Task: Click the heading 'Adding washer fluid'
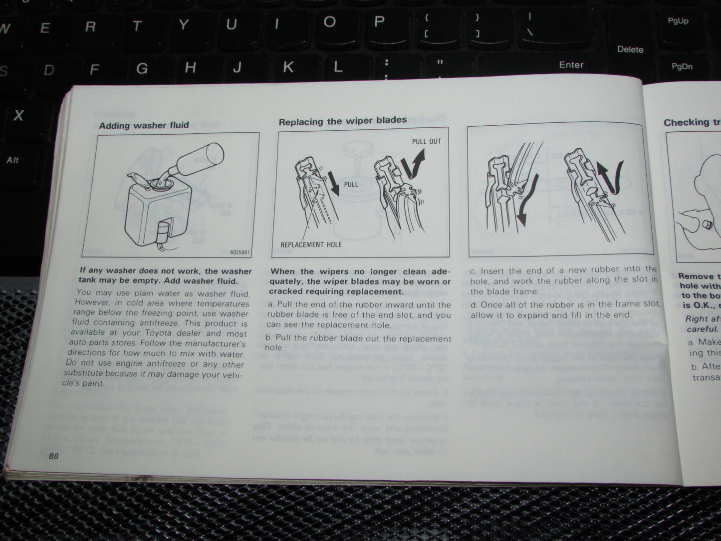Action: click(x=144, y=125)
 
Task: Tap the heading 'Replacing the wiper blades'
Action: click(x=342, y=121)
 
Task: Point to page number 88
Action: click(x=54, y=456)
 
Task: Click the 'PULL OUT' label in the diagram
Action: click(x=426, y=141)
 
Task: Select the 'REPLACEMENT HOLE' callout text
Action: click(x=311, y=245)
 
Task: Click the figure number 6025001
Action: click(x=240, y=252)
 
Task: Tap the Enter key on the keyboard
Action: click(x=571, y=65)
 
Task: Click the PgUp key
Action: click(x=678, y=21)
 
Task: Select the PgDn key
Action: click(x=682, y=66)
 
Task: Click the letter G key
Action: click(x=142, y=68)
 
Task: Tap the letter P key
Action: click(x=379, y=21)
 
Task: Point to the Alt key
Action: click(x=12, y=160)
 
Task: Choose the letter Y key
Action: click(x=184, y=25)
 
